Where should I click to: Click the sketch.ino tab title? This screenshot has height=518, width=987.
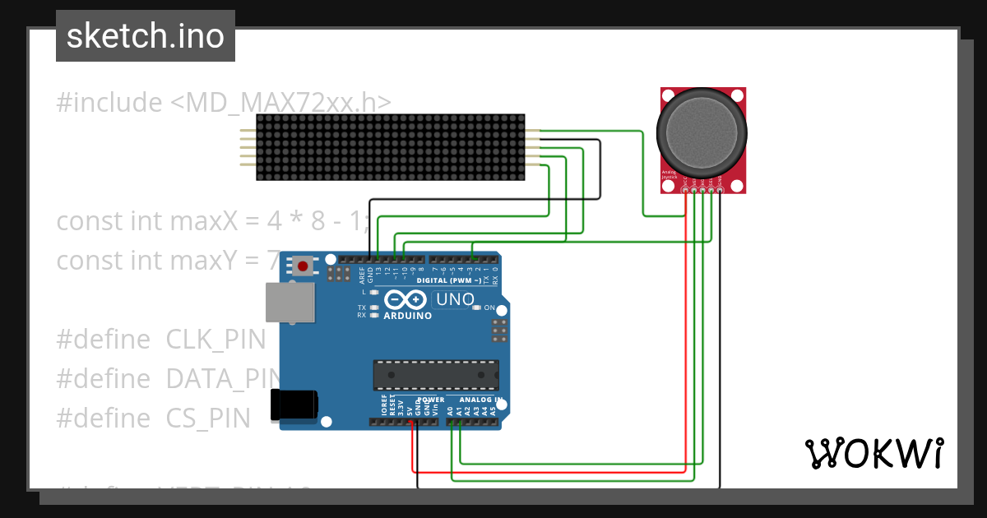tap(146, 36)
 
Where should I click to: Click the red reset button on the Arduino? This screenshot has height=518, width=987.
tap(304, 266)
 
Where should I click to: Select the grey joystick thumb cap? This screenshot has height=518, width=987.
tap(702, 132)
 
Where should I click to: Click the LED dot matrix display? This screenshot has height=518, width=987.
tap(391, 147)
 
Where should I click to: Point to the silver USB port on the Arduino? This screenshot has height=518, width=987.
tap(290, 302)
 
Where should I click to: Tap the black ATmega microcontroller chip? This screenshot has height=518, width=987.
tap(436, 374)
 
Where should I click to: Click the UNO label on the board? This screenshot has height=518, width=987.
tap(454, 300)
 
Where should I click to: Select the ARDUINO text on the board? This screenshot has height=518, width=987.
tap(407, 316)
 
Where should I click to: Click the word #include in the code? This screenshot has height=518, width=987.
tap(109, 103)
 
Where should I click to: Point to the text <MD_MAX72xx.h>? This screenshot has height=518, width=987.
tap(280, 103)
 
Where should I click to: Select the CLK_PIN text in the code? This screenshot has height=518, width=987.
tap(216, 340)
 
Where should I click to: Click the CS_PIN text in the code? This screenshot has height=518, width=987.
tap(208, 419)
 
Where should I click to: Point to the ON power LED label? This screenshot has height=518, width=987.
tap(489, 308)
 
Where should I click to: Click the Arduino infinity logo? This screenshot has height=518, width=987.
tap(407, 299)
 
